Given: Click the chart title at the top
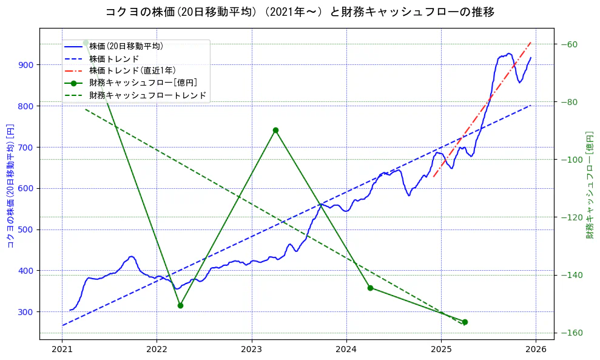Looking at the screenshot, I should point(300,12).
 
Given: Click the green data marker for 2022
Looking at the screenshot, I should point(180,305).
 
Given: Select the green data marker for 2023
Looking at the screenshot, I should point(275,130).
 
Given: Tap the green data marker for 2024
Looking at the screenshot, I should point(370,288).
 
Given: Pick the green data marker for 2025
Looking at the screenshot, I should point(465,322).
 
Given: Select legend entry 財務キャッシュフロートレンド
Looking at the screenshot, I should point(147,95).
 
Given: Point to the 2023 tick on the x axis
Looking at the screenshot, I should point(251,349).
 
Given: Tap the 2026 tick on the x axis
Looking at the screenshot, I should point(536,349).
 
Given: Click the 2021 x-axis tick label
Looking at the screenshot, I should point(62,349).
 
